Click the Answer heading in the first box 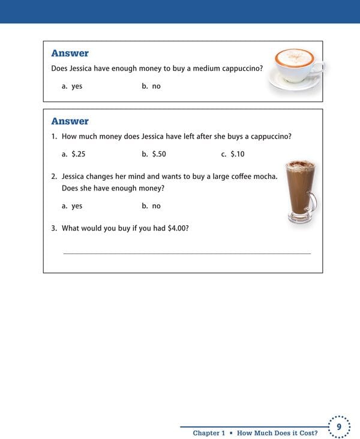pyautogui.click(x=70, y=53)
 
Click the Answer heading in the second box pyautogui.click(x=70, y=121)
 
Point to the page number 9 pyautogui.click(x=339, y=427)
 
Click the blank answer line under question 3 pyautogui.click(x=187, y=253)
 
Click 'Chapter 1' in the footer pyautogui.click(x=209, y=433)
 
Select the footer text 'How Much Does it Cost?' pyautogui.click(x=277, y=433)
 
